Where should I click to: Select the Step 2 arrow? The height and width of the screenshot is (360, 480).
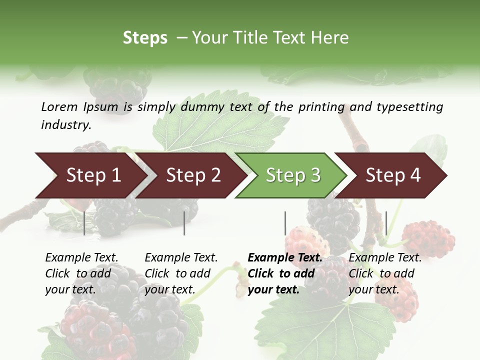(193, 175)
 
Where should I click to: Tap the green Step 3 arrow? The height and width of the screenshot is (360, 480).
(293, 175)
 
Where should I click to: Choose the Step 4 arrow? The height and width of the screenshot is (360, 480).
(393, 175)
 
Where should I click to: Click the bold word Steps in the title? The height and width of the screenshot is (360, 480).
(145, 38)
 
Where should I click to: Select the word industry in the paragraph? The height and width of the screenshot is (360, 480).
(65, 125)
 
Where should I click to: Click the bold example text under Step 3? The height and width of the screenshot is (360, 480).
(285, 273)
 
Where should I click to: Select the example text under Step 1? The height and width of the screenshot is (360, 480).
(81, 273)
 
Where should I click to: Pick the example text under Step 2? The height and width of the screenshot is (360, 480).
(181, 273)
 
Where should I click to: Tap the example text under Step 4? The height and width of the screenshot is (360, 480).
(385, 273)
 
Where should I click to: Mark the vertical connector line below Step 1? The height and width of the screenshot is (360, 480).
(84, 223)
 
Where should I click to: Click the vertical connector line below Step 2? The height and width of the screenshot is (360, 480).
(184, 223)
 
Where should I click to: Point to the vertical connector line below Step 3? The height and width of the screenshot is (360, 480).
(285, 223)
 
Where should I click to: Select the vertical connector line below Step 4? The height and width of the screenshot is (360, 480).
(386, 223)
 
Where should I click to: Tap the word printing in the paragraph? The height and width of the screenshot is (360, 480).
(320, 106)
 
